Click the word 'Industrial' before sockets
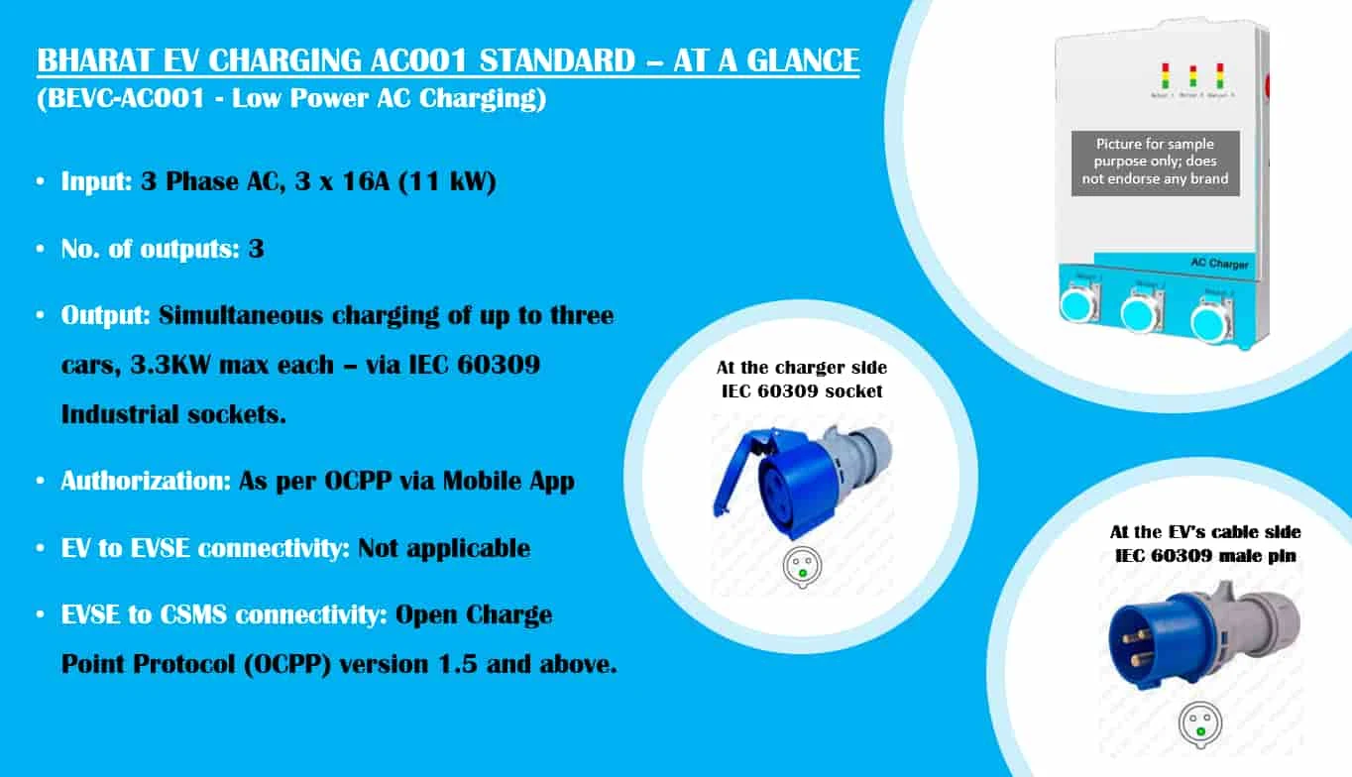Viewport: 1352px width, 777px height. point(120,414)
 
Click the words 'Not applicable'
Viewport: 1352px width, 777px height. point(443,548)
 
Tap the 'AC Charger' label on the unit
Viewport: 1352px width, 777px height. point(1218,264)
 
